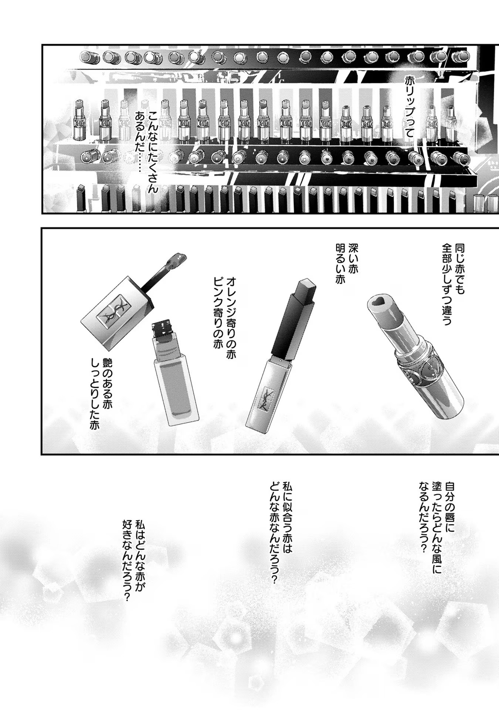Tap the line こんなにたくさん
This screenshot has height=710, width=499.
[153, 152]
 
